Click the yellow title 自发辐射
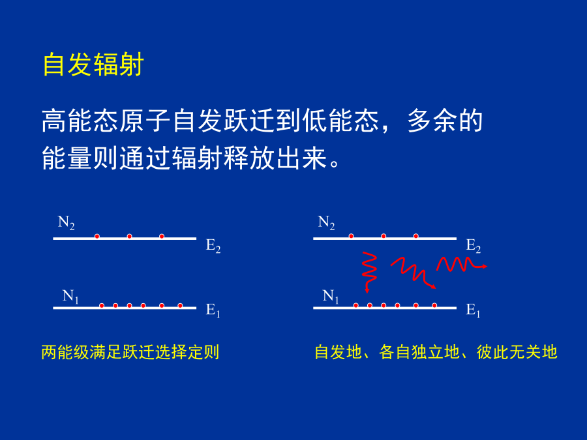[93, 65]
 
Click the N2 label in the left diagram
[67, 223]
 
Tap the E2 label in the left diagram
[213, 246]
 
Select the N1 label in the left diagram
[70, 297]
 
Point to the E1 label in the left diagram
[213, 310]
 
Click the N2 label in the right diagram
[327, 223]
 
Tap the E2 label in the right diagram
[474, 246]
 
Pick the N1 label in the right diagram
[331, 297]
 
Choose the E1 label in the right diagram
[473, 310]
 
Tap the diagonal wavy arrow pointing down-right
[414, 272]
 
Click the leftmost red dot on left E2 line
[97, 237]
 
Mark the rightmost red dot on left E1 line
[180, 306]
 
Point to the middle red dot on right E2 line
[384, 236]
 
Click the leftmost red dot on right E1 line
[356, 306]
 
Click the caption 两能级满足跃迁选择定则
[130, 352]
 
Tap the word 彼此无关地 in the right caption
[517, 352]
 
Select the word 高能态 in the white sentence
[80, 121]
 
